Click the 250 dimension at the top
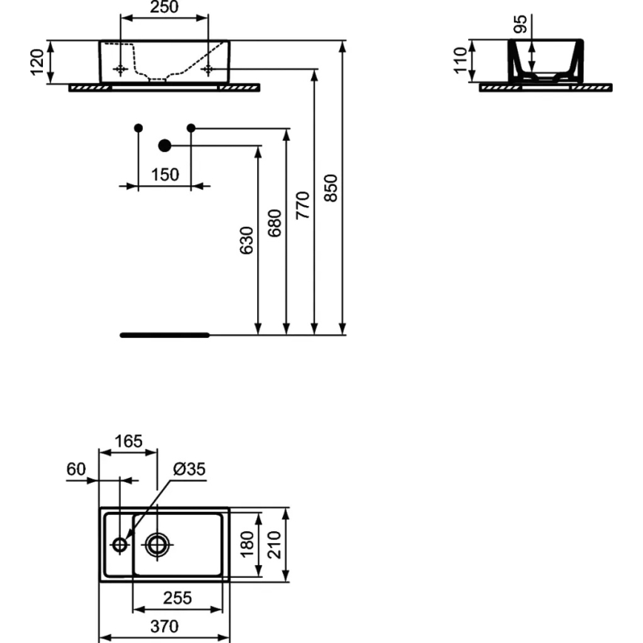[164, 8]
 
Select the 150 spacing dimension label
[164, 175]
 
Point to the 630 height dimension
[247, 240]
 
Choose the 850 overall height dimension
[332, 188]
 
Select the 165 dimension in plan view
[128, 442]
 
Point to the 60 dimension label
[76, 470]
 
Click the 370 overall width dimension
[164, 627]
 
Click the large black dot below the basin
[164, 145]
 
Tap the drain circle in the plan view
[157, 544]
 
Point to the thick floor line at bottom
[165, 335]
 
